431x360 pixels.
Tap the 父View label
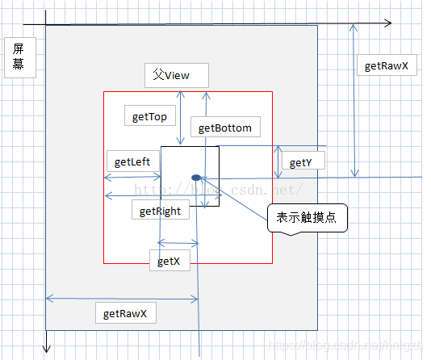coord(176,75)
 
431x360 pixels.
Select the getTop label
coord(149,117)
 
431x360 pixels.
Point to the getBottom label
coord(224,128)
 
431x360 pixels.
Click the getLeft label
coord(132,161)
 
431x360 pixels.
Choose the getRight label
coord(159,211)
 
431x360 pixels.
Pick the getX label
coord(168,261)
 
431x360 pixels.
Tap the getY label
coord(299,163)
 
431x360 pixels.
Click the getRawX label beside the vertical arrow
coord(387,66)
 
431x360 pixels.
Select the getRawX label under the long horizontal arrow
coord(125,312)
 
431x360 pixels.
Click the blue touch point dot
coord(195,177)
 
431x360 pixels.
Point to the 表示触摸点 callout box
coord(307,218)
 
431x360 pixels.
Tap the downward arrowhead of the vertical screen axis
coord(47,349)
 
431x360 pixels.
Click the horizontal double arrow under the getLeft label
coord(133,177)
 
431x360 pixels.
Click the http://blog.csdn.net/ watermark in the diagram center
coord(218,189)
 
